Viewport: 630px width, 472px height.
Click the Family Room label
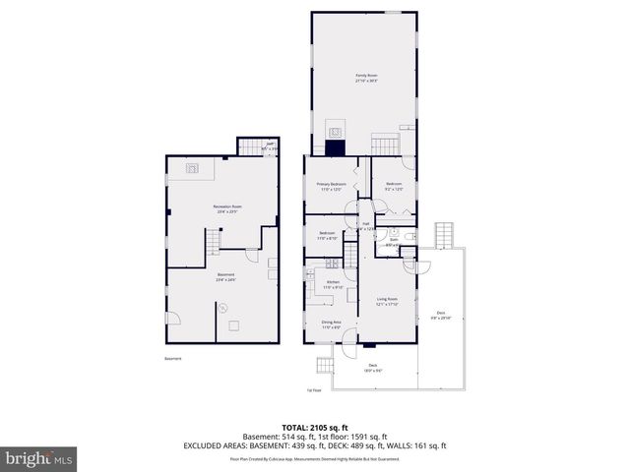[366, 78]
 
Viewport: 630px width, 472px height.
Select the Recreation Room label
[227, 208]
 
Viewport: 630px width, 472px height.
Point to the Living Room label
[386, 301]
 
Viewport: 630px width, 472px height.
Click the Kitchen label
[333, 284]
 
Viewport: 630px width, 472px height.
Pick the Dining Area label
[331, 324]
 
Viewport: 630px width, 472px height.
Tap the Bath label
[393, 241]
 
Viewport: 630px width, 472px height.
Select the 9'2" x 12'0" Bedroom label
[394, 187]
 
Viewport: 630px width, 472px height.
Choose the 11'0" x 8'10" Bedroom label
[326, 235]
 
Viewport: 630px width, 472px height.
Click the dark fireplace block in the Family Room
[337, 147]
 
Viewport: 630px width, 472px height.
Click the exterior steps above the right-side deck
[447, 235]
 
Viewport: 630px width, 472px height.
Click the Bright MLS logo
[38, 458]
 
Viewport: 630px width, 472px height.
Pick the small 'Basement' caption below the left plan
[173, 359]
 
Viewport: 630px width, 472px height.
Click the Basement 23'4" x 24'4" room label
[226, 279]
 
